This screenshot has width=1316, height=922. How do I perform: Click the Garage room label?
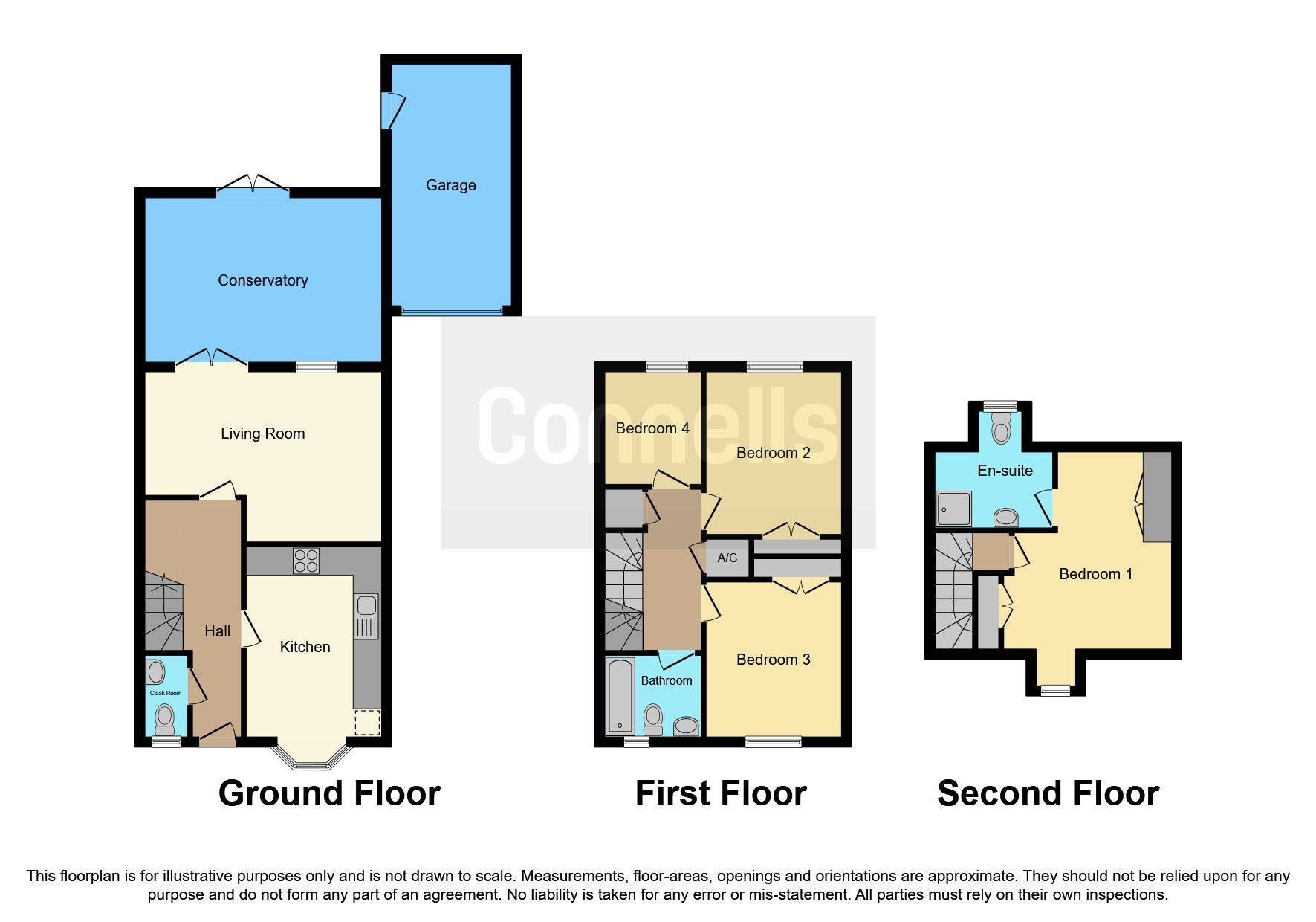450,185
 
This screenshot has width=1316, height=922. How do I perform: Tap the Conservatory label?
262,280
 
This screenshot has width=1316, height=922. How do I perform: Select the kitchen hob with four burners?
305,561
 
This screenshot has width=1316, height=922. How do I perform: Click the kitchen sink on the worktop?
366,616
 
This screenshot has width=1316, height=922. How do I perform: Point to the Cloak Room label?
165,693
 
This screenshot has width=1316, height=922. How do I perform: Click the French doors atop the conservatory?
253,186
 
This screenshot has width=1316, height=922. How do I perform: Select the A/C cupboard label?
727,558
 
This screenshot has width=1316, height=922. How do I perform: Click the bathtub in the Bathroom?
620,696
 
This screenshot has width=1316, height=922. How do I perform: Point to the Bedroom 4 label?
652,428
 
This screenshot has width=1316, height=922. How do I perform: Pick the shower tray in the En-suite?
953,509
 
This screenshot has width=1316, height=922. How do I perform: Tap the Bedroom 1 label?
1095,574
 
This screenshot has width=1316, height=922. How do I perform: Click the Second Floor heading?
1048,793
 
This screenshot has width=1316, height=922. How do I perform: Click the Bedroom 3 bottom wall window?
773,741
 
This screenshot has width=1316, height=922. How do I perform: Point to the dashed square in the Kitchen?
366,722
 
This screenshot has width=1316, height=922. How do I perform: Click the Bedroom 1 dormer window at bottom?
1054,691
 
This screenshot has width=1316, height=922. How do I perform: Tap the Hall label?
217,631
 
